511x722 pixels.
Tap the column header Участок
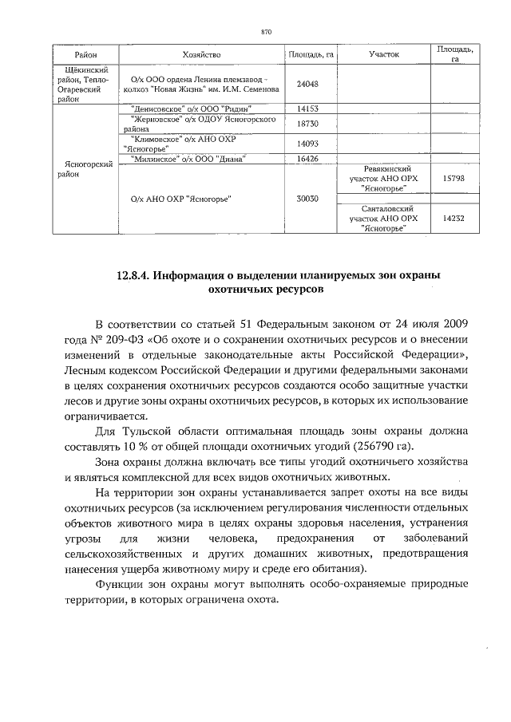(x=384, y=55)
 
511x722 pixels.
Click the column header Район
(x=86, y=55)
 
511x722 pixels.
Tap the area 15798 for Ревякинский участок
(x=453, y=180)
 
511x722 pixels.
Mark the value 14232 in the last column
(x=453, y=218)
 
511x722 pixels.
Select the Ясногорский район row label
(x=85, y=168)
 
